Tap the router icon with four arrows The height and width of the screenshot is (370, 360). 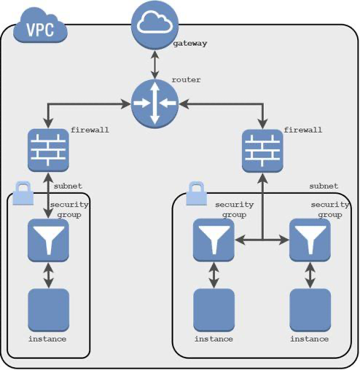pyautogui.click(x=154, y=104)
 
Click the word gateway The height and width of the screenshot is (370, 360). pyautogui.click(x=190, y=44)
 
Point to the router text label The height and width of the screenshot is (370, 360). pyautogui.click(x=187, y=79)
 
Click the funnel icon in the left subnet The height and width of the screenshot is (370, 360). pyautogui.click(x=48, y=240)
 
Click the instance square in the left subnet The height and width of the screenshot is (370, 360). pyautogui.click(x=48, y=310)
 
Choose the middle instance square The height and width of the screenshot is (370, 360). pyautogui.click(x=214, y=310)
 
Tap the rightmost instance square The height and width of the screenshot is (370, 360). pyautogui.click(x=310, y=310)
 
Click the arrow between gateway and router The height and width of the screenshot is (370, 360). pyautogui.click(x=154, y=64)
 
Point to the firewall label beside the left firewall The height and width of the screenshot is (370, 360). pyautogui.click(x=90, y=130)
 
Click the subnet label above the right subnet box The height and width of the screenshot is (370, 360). pyautogui.click(x=324, y=186)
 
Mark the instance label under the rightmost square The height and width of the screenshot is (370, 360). pyautogui.click(x=309, y=339)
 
